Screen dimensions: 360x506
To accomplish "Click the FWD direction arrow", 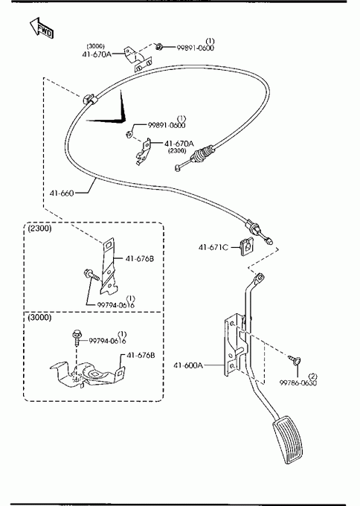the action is click(x=42, y=28).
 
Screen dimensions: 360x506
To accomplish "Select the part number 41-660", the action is click(x=62, y=193).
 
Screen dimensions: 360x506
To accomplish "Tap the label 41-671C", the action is click(x=213, y=247).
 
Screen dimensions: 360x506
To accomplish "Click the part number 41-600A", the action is click(x=188, y=365).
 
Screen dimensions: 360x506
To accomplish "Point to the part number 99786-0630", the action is click(x=298, y=382).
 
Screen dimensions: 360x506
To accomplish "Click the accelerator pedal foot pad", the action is click(x=288, y=441).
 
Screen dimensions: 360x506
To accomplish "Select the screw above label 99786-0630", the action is click(x=295, y=359).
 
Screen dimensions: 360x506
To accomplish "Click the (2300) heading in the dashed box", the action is click(x=39, y=228).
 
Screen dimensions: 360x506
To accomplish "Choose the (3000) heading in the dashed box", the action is click(x=39, y=318).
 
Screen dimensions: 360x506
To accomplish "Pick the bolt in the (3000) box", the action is click(x=77, y=337).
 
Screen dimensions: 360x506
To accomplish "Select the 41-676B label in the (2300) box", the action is click(x=140, y=258).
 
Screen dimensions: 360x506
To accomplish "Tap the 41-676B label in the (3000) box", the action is click(x=141, y=355).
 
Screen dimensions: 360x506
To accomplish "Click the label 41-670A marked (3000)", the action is click(x=97, y=54).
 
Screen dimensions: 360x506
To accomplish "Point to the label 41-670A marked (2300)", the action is click(x=179, y=144).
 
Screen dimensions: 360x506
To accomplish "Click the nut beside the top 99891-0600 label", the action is click(x=158, y=47).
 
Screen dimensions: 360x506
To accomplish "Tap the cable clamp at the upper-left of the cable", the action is click(x=88, y=99).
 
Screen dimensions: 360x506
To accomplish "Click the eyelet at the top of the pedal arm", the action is click(x=260, y=278).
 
